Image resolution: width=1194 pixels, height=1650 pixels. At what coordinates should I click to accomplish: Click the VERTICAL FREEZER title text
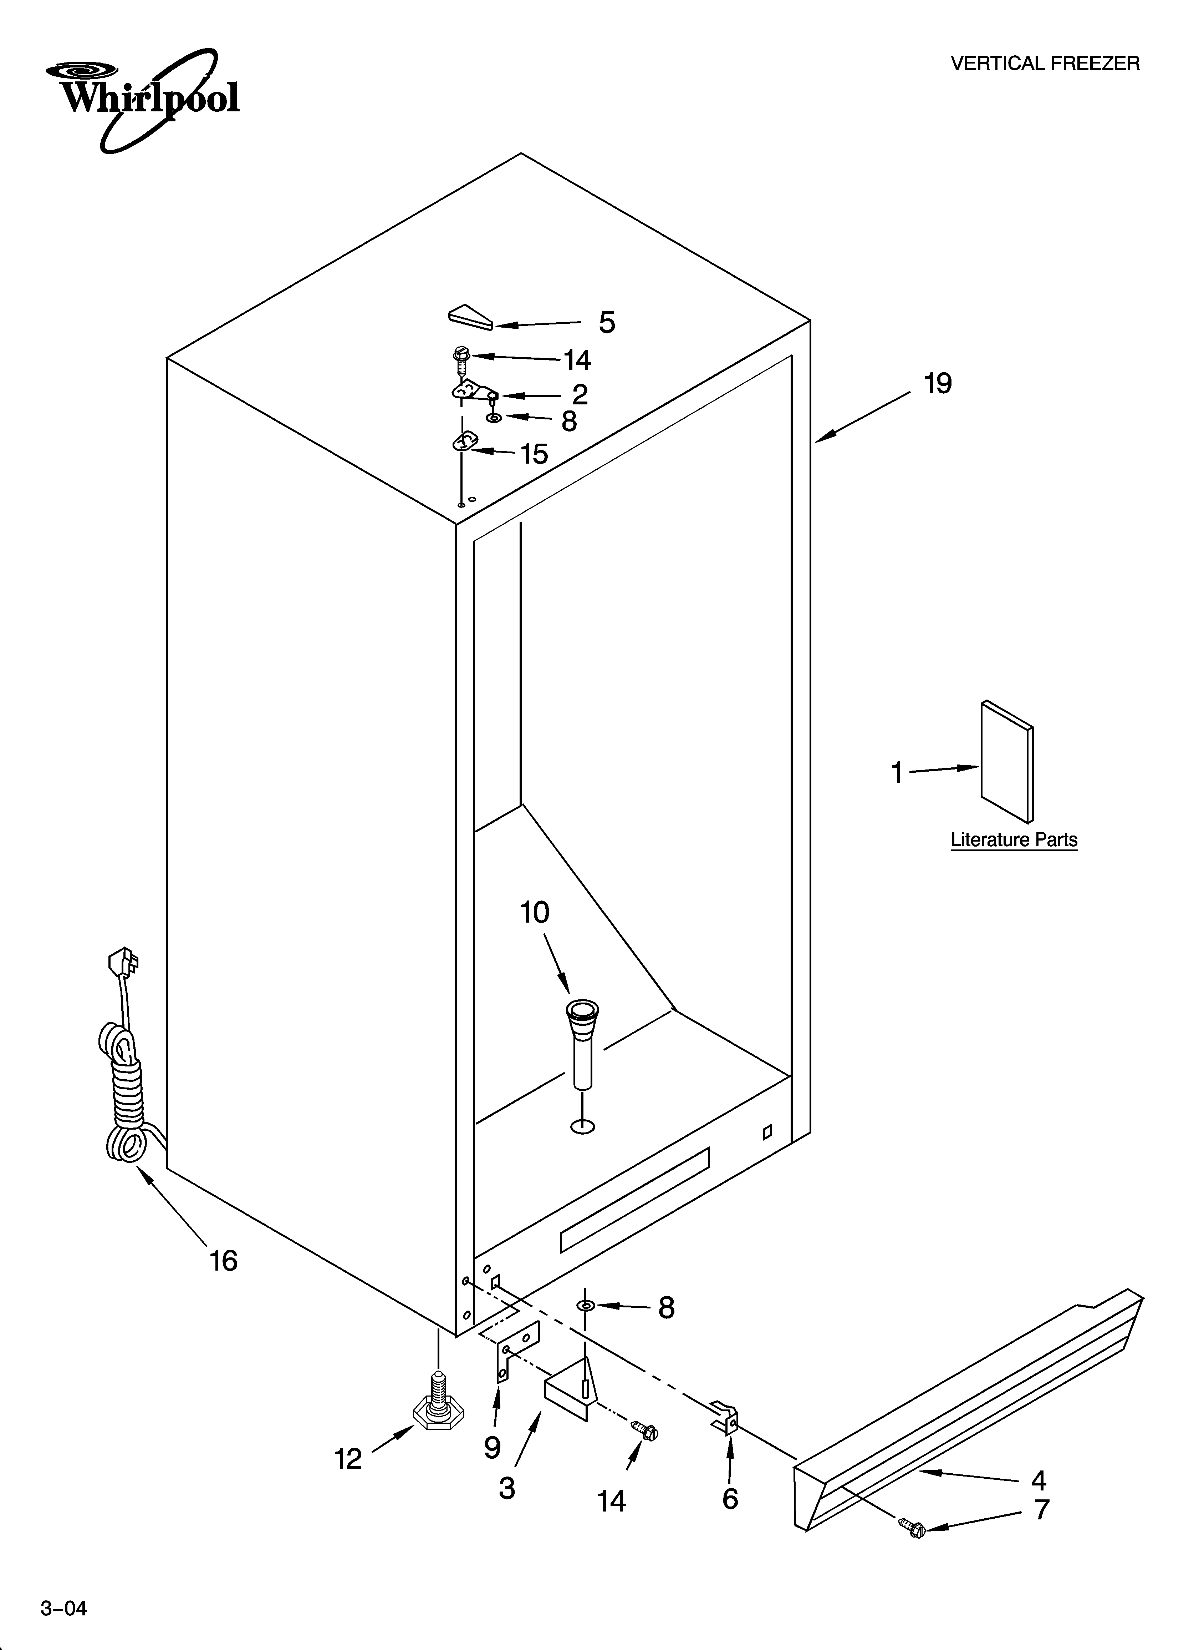point(1045,64)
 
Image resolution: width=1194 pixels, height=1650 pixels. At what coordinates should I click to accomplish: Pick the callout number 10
point(535,912)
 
